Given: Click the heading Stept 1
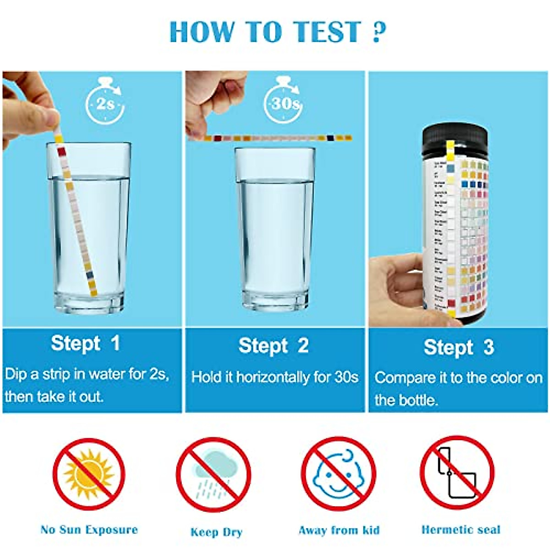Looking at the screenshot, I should tap(85, 343).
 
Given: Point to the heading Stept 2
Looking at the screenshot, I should tap(273, 346).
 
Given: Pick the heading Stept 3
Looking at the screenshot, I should tap(458, 347).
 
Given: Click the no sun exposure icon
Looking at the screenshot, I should tap(89, 474).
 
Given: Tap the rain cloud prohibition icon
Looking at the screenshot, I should tap(214, 474).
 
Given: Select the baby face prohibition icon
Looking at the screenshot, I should tap(338, 474).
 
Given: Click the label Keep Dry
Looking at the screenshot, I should tap(216, 532).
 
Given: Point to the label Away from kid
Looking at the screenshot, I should tap(339, 530).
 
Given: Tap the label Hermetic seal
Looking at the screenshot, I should tap(461, 530).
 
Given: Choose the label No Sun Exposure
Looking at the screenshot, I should tap(89, 530).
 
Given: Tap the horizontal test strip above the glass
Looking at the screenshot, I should tap(275, 138).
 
